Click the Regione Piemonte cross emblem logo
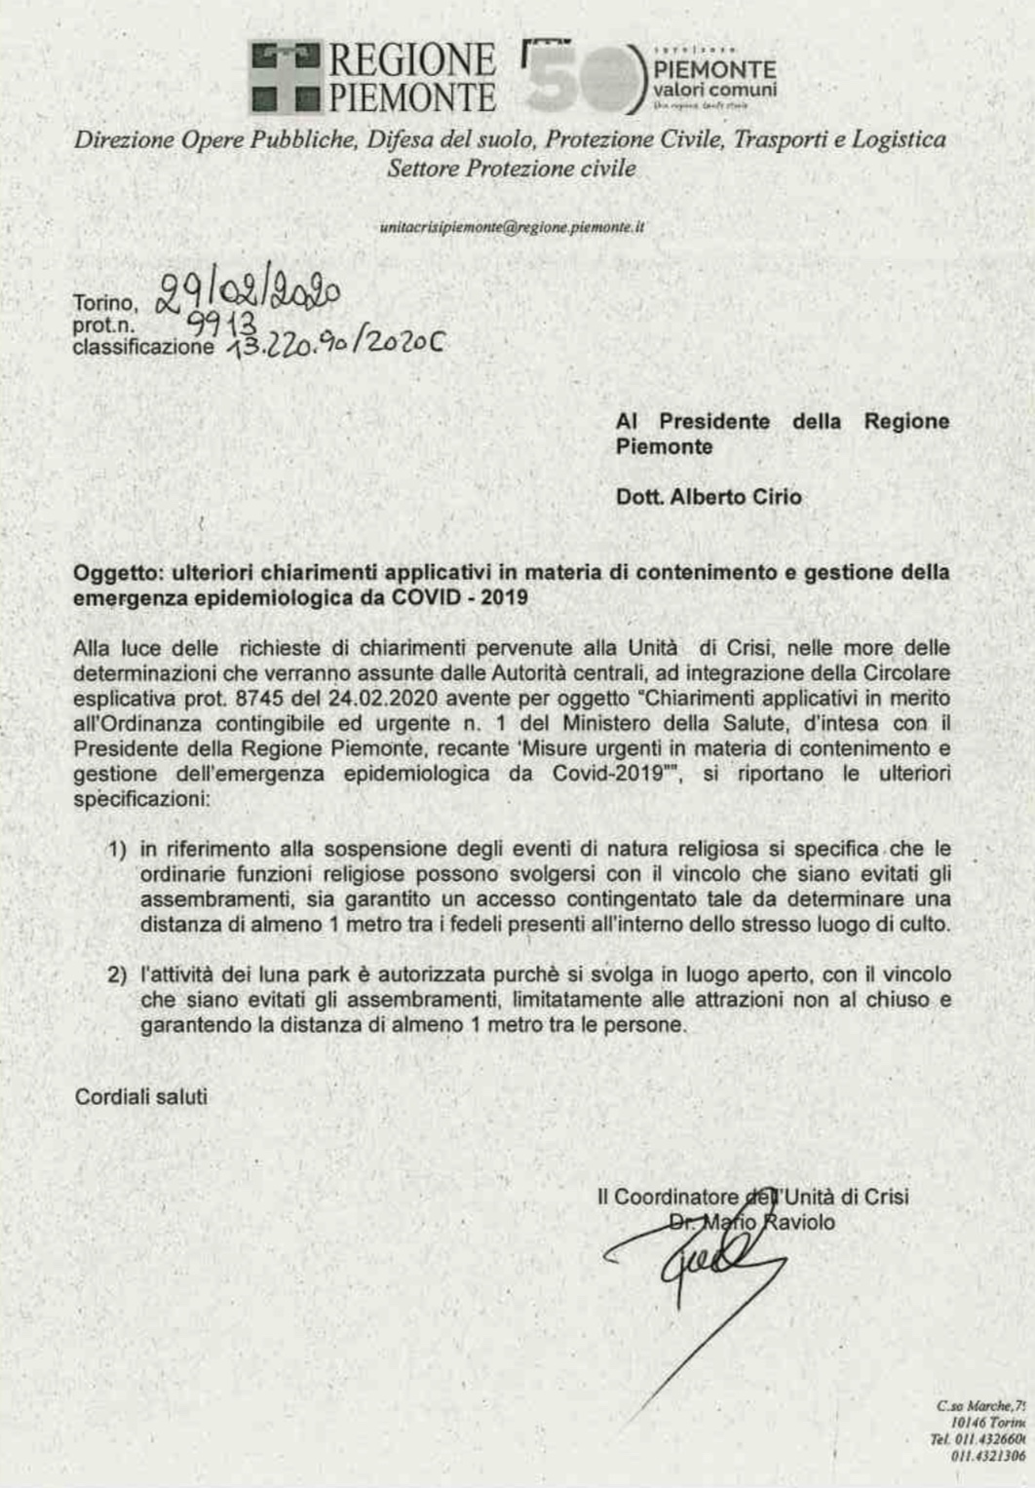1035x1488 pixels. coord(286,76)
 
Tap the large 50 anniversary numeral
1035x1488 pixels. coord(580,77)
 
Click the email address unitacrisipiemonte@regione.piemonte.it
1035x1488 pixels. coord(512,227)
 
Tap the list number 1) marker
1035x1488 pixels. coord(117,849)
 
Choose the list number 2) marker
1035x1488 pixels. coord(117,974)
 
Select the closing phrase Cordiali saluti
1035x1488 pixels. coord(141,1096)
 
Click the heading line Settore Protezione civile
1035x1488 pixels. coord(511,168)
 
